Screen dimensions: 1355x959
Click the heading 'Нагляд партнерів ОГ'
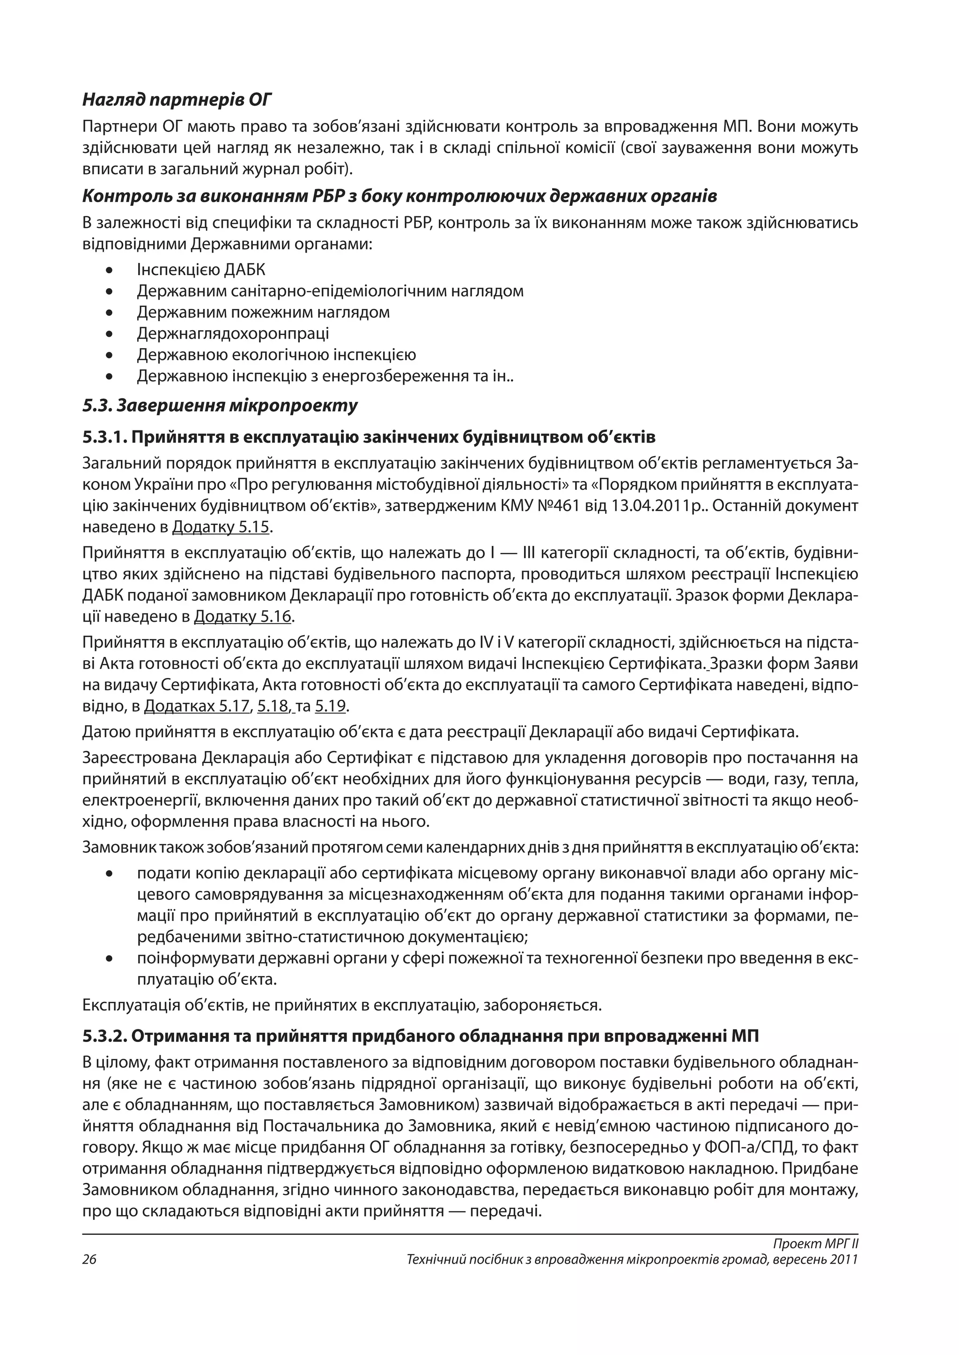pyautogui.click(x=177, y=100)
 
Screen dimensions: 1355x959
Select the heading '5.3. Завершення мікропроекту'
pyautogui.click(x=220, y=406)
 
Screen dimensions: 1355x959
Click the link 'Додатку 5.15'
pyautogui.click(x=221, y=527)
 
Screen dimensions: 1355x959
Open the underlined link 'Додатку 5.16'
pyautogui.click(x=243, y=617)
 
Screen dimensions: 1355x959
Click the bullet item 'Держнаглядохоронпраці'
pyautogui.click(x=233, y=334)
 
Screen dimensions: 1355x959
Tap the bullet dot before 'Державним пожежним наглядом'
pyautogui.click(x=109, y=313)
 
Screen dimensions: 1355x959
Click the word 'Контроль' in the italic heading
pyautogui.click(x=118, y=196)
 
